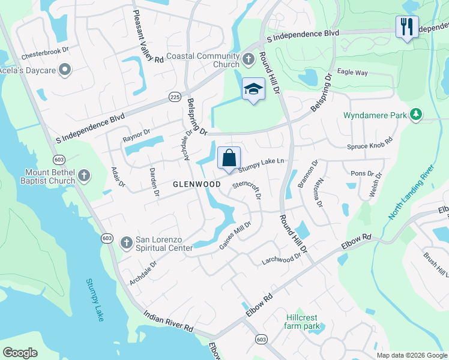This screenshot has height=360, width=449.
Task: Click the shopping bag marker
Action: tap(229, 159)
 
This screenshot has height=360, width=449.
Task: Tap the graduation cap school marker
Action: tap(253, 90)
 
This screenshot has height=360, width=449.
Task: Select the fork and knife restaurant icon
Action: tap(406, 26)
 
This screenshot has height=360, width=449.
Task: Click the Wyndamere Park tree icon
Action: tap(415, 114)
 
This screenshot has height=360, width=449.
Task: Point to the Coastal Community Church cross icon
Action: tap(249, 59)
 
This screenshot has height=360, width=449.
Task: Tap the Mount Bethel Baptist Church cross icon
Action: tap(85, 175)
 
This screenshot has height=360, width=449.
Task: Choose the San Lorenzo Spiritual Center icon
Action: tap(126, 242)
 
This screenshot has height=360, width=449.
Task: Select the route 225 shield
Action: tap(175, 97)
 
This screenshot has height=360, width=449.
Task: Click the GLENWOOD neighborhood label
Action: tap(197, 184)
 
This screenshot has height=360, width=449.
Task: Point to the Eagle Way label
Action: tap(352, 72)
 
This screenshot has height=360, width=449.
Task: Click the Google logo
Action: tap(20, 353)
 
